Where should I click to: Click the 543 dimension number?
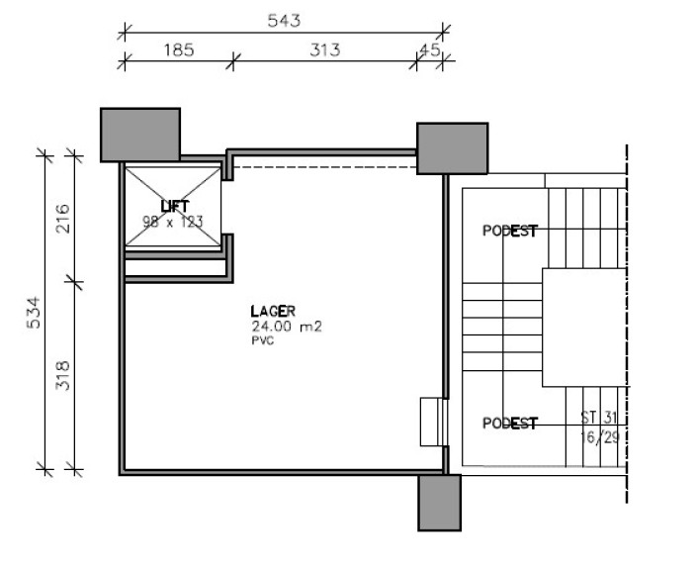284,21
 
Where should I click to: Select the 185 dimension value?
179,49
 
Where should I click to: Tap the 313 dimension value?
325,49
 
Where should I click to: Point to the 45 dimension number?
430,49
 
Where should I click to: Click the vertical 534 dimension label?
34,313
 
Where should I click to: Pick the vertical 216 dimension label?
62,219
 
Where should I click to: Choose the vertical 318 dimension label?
62,375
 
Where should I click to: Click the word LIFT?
175,207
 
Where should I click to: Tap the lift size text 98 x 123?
172,221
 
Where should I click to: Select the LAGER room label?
273,311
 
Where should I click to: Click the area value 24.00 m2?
287,327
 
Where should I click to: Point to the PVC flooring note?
263,341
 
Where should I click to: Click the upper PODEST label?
510,231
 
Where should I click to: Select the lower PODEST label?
510,424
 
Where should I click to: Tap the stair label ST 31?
599,418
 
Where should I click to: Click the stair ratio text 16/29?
600,437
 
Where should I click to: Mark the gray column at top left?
140,135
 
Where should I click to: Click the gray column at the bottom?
440,503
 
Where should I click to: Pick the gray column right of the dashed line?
453,148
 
